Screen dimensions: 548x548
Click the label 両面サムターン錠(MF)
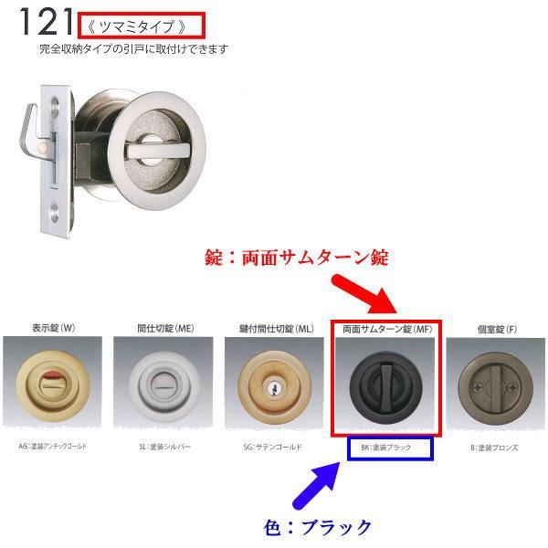coord(386,327)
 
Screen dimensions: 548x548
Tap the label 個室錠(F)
coord(495,327)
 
